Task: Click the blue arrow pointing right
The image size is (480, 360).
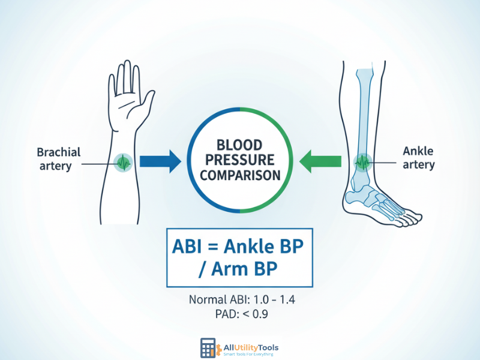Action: [158, 161]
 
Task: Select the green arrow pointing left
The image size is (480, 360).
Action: [321, 161]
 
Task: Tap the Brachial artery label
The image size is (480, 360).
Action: [59, 158]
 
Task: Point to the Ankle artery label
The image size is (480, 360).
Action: [419, 158]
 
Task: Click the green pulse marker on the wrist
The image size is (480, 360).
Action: [124, 161]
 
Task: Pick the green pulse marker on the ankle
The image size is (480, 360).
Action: [362, 161]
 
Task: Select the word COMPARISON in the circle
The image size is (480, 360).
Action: [240, 176]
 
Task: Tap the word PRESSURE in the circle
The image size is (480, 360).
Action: [240, 161]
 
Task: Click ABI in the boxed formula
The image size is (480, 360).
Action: [191, 247]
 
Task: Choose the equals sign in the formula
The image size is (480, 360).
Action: [221, 247]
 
